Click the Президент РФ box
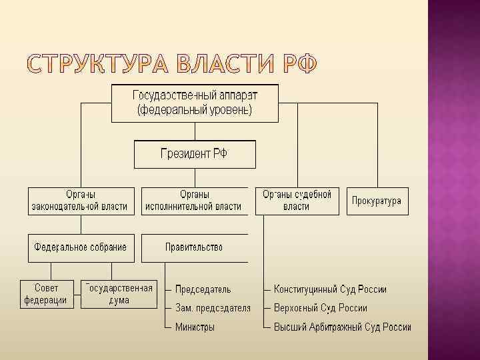tap(194, 154)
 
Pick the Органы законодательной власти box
tap(80, 201)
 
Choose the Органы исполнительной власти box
tap(194, 201)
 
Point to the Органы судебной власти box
tap(297, 201)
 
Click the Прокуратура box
tap(377, 201)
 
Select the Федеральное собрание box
tap(81, 247)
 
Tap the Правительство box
tap(194, 247)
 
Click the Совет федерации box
tap(46, 294)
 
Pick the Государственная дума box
tap(119, 294)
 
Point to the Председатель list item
tap(203, 289)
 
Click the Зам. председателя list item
tap(213, 308)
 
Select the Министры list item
tap(195, 327)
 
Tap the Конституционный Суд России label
tap(330, 289)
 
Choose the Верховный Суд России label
tap(321, 308)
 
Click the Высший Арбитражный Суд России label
tap(342, 327)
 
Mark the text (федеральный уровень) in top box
tap(195, 110)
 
